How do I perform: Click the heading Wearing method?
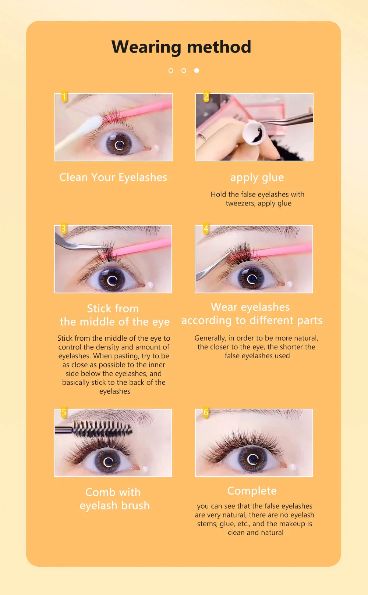point(181,47)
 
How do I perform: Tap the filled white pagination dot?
point(197,70)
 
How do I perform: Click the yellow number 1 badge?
point(64,97)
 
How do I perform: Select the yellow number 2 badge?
point(206,97)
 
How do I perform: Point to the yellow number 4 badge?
point(206,229)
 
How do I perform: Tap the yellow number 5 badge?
point(64,412)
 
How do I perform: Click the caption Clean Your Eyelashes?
point(113,178)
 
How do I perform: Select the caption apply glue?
point(257,178)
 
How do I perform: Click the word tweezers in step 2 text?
point(240,203)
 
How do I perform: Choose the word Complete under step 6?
point(252,491)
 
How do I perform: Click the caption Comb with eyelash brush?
point(114,499)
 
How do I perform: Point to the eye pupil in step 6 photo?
point(252,459)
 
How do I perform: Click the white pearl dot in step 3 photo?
point(150,284)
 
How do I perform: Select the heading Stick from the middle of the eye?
point(114,315)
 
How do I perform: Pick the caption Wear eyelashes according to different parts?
point(252,313)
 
